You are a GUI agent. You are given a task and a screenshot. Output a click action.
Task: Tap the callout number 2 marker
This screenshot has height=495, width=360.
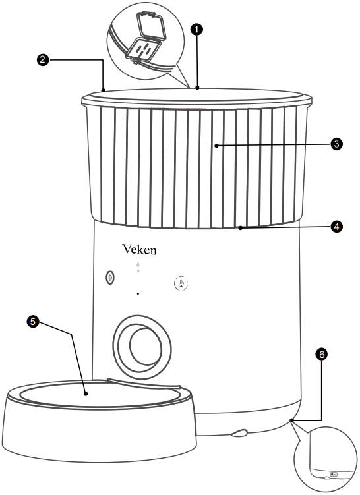pyautogui.click(x=42, y=59)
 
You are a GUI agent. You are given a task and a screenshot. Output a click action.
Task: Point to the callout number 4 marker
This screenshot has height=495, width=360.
pyautogui.click(x=336, y=226)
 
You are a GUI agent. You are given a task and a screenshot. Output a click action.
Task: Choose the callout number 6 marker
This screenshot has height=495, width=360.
pyautogui.click(x=321, y=355)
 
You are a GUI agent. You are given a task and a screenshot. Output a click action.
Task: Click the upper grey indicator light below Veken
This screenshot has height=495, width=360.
pyautogui.click(x=138, y=265)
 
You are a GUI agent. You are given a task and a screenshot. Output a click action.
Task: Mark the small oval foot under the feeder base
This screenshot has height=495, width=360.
pyautogui.click(x=239, y=434)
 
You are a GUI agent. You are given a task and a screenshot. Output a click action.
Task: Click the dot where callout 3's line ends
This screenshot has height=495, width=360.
pyautogui.click(x=216, y=145)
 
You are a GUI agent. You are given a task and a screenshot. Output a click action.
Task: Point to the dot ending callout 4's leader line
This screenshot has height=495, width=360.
pyautogui.click(x=241, y=228)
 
